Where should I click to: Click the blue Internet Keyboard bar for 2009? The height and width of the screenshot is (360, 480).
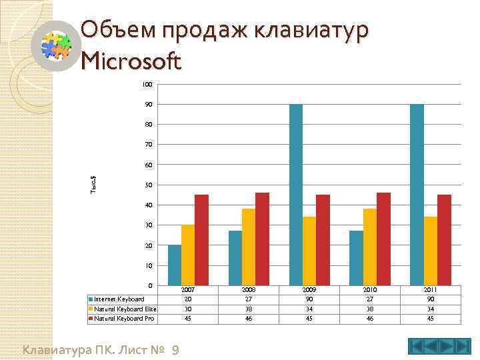pyautogui.click(x=296, y=195)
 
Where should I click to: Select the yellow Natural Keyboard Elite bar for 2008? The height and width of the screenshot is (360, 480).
pyautogui.click(x=249, y=247)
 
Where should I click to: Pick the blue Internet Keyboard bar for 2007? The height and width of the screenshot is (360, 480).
pyautogui.click(x=175, y=265)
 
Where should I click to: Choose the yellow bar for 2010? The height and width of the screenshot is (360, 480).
pyautogui.click(x=369, y=247)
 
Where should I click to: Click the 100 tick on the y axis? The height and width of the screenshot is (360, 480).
pyautogui.click(x=147, y=85)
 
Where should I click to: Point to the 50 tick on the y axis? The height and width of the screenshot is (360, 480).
pyautogui.click(x=149, y=185)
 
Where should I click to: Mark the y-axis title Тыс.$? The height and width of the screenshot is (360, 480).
pyautogui.click(x=94, y=185)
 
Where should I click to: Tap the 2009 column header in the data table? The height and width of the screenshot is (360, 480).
pyautogui.click(x=309, y=290)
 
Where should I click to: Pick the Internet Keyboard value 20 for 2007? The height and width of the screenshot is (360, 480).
pyautogui.click(x=189, y=299)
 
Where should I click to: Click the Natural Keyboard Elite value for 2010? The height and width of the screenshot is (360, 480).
pyautogui.click(x=369, y=309)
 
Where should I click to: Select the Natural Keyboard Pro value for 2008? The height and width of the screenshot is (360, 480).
pyautogui.click(x=249, y=319)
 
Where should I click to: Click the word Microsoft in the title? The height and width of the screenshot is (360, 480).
pyautogui.click(x=131, y=62)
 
